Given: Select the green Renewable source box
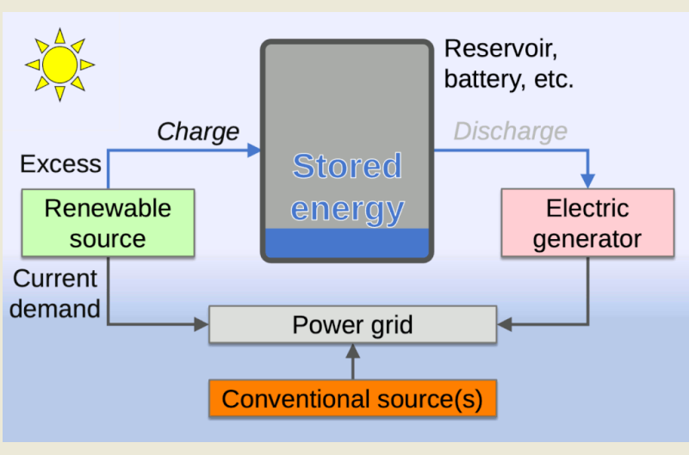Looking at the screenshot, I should click(108, 223).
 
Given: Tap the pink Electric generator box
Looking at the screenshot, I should click(587, 223).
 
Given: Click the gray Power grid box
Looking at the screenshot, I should click(352, 325).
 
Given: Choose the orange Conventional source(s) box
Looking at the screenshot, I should click(352, 399).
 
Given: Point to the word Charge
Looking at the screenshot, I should click(197, 132).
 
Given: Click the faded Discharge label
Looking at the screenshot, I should click(510, 132).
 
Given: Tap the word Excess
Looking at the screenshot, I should click(60, 164).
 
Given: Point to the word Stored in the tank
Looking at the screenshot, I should click(346, 166).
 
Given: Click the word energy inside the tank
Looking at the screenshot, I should click(346, 209).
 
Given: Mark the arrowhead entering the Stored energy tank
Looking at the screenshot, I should click(254, 151).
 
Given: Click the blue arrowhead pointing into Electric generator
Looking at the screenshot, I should click(588, 181).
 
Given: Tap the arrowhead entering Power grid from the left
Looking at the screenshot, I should click(203, 325).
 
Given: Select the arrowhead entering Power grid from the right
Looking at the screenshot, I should click(504, 325).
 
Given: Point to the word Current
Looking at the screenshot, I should click(56, 279).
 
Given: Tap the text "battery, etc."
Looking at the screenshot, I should click(508, 80).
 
